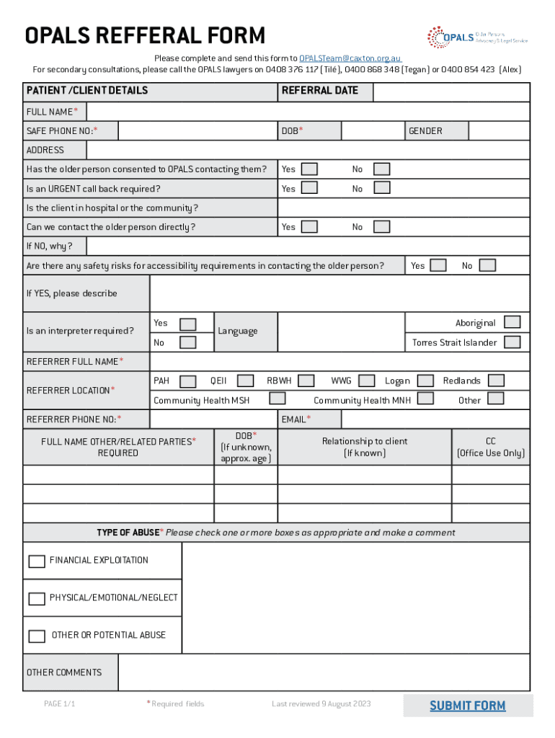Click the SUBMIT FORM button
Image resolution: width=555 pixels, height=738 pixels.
click(x=468, y=706)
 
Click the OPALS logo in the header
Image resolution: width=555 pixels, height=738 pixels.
click(x=476, y=37)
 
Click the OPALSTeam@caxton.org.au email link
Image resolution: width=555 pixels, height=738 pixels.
click(x=350, y=58)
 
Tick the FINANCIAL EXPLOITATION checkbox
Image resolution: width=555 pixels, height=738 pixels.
click(x=37, y=561)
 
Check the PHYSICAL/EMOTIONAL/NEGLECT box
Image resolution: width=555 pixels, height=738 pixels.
click(x=37, y=598)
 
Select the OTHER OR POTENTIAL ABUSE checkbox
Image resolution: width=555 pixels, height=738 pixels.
click(x=37, y=636)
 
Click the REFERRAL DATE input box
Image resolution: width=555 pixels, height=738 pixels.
click(x=452, y=92)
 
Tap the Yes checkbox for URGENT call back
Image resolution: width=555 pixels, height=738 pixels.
click(x=309, y=188)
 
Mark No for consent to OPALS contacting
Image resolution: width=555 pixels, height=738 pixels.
click(x=381, y=169)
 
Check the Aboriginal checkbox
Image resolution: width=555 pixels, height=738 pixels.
click(x=512, y=322)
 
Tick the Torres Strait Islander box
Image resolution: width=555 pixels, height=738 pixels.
click(x=512, y=342)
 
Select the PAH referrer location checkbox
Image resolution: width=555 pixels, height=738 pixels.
click(x=187, y=381)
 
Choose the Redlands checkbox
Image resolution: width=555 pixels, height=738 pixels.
click(x=496, y=381)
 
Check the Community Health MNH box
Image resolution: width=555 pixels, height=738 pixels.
click(x=425, y=399)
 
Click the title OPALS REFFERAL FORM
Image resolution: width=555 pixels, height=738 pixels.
click(x=145, y=35)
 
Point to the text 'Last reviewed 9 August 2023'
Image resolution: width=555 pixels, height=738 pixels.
click(x=321, y=703)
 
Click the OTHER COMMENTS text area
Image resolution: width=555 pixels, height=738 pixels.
click(x=324, y=672)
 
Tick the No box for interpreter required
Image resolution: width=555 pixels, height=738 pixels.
click(x=187, y=342)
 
